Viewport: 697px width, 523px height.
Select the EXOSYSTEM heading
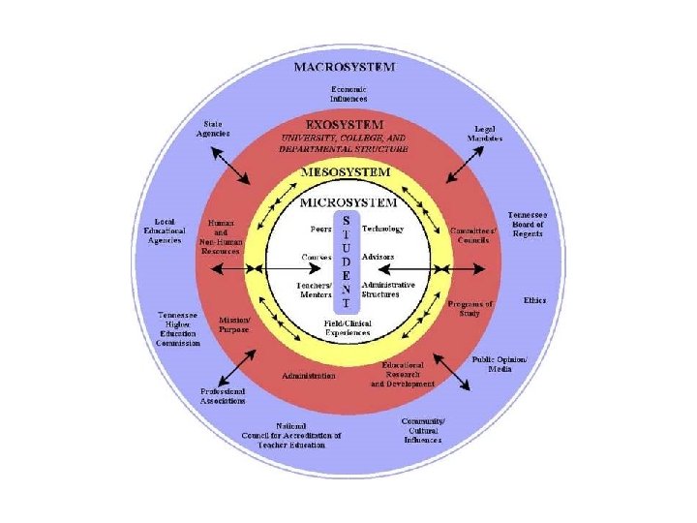[x=344, y=125]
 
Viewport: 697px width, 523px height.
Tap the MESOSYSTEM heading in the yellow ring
[x=346, y=171]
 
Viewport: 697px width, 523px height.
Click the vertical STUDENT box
[x=347, y=262]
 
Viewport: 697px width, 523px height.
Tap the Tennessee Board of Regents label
[x=528, y=224]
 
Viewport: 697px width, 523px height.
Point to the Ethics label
[x=534, y=300]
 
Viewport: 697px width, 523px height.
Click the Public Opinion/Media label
[x=499, y=363]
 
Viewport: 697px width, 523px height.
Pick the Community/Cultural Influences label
[x=423, y=430]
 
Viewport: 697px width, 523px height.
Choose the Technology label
[x=382, y=230]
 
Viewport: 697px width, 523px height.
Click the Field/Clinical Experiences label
[x=347, y=327]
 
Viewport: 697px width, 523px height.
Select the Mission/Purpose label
[x=234, y=323]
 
